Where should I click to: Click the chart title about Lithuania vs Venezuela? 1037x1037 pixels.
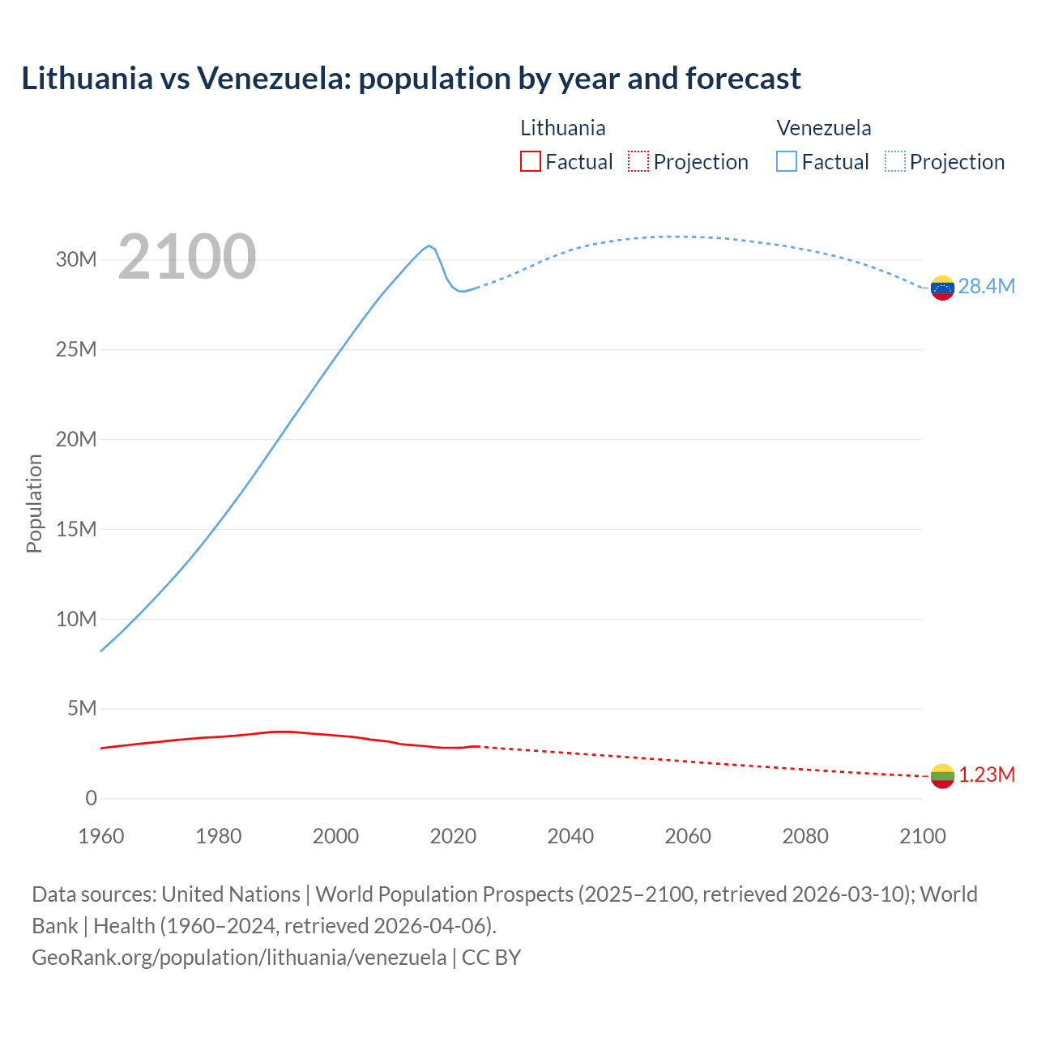click(411, 79)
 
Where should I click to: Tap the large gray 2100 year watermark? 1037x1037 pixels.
click(187, 257)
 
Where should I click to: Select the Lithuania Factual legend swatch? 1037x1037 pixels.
click(530, 161)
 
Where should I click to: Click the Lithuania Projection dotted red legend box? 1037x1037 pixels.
click(638, 161)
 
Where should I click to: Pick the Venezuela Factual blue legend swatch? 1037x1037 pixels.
click(787, 161)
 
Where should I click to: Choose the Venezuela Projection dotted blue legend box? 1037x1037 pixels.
click(895, 161)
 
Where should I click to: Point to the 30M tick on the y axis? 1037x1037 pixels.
click(76, 260)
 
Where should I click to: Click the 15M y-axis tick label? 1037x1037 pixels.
click(76, 529)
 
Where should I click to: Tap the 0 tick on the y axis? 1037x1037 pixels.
click(91, 799)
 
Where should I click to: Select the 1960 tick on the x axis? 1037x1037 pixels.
click(101, 836)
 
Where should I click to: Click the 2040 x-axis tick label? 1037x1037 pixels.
click(570, 836)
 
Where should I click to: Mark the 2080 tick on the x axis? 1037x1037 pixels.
click(805, 836)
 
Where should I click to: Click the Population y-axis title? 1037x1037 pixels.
click(34, 503)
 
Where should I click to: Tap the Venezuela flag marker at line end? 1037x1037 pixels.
click(942, 288)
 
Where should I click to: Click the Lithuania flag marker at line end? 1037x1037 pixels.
click(942, 776)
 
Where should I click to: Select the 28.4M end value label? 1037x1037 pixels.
click(986, 287)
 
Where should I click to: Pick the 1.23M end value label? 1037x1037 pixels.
click(987, 775)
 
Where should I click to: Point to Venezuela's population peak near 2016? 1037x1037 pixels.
click(429, 245)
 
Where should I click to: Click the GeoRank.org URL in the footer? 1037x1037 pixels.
click(239, 957)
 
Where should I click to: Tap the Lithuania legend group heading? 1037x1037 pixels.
click(562, 128)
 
